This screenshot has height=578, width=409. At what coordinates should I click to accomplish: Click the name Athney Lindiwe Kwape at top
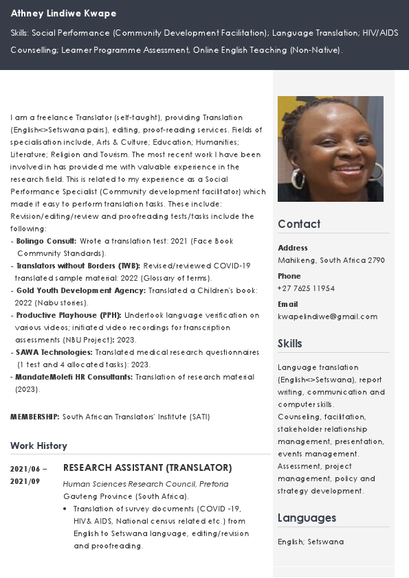[64, 14]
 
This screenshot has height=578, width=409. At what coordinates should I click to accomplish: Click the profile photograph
[330, 148]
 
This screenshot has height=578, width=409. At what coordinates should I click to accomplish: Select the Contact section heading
[299, 224]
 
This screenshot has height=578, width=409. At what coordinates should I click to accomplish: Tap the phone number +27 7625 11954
[306, 288]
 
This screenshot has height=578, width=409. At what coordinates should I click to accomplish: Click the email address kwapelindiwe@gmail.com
[327, 316]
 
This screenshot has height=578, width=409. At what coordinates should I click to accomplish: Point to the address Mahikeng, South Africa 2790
[331, 260]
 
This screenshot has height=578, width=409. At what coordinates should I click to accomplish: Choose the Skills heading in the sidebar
[290, 343]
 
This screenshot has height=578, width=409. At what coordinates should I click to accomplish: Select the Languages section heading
[307, 518]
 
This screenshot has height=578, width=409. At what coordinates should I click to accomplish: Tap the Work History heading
[38, 446]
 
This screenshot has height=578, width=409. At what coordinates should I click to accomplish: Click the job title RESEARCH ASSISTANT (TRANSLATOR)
[147, 467]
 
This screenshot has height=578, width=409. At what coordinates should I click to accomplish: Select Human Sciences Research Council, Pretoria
[146, 484]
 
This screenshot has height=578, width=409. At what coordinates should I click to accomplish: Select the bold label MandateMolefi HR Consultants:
[74, 377]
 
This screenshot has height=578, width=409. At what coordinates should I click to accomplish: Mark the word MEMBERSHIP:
[35, 417]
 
